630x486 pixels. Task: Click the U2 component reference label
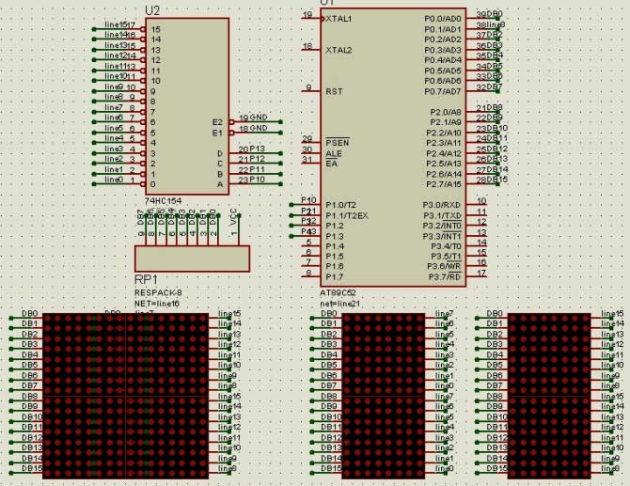point(153,10)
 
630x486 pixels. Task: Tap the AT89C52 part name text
point(339,292)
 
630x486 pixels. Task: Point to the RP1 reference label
point(146,280)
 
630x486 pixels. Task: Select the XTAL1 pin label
point(339,19)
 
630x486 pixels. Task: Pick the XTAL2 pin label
point(339,50)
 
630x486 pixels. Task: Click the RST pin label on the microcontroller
point(334,91)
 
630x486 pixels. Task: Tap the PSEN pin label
point(337,143)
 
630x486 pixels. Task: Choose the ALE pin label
point(334,153)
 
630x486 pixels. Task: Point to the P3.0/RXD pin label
point(442,205)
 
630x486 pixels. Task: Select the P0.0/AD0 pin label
point(443,19)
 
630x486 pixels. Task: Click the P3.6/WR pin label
point(443,267)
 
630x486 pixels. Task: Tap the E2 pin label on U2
point(217,122)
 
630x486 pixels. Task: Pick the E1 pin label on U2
point(217,133)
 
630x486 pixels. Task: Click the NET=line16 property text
point(157,303)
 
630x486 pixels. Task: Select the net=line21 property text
point(340,303)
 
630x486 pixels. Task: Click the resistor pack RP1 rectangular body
point(193,257)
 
